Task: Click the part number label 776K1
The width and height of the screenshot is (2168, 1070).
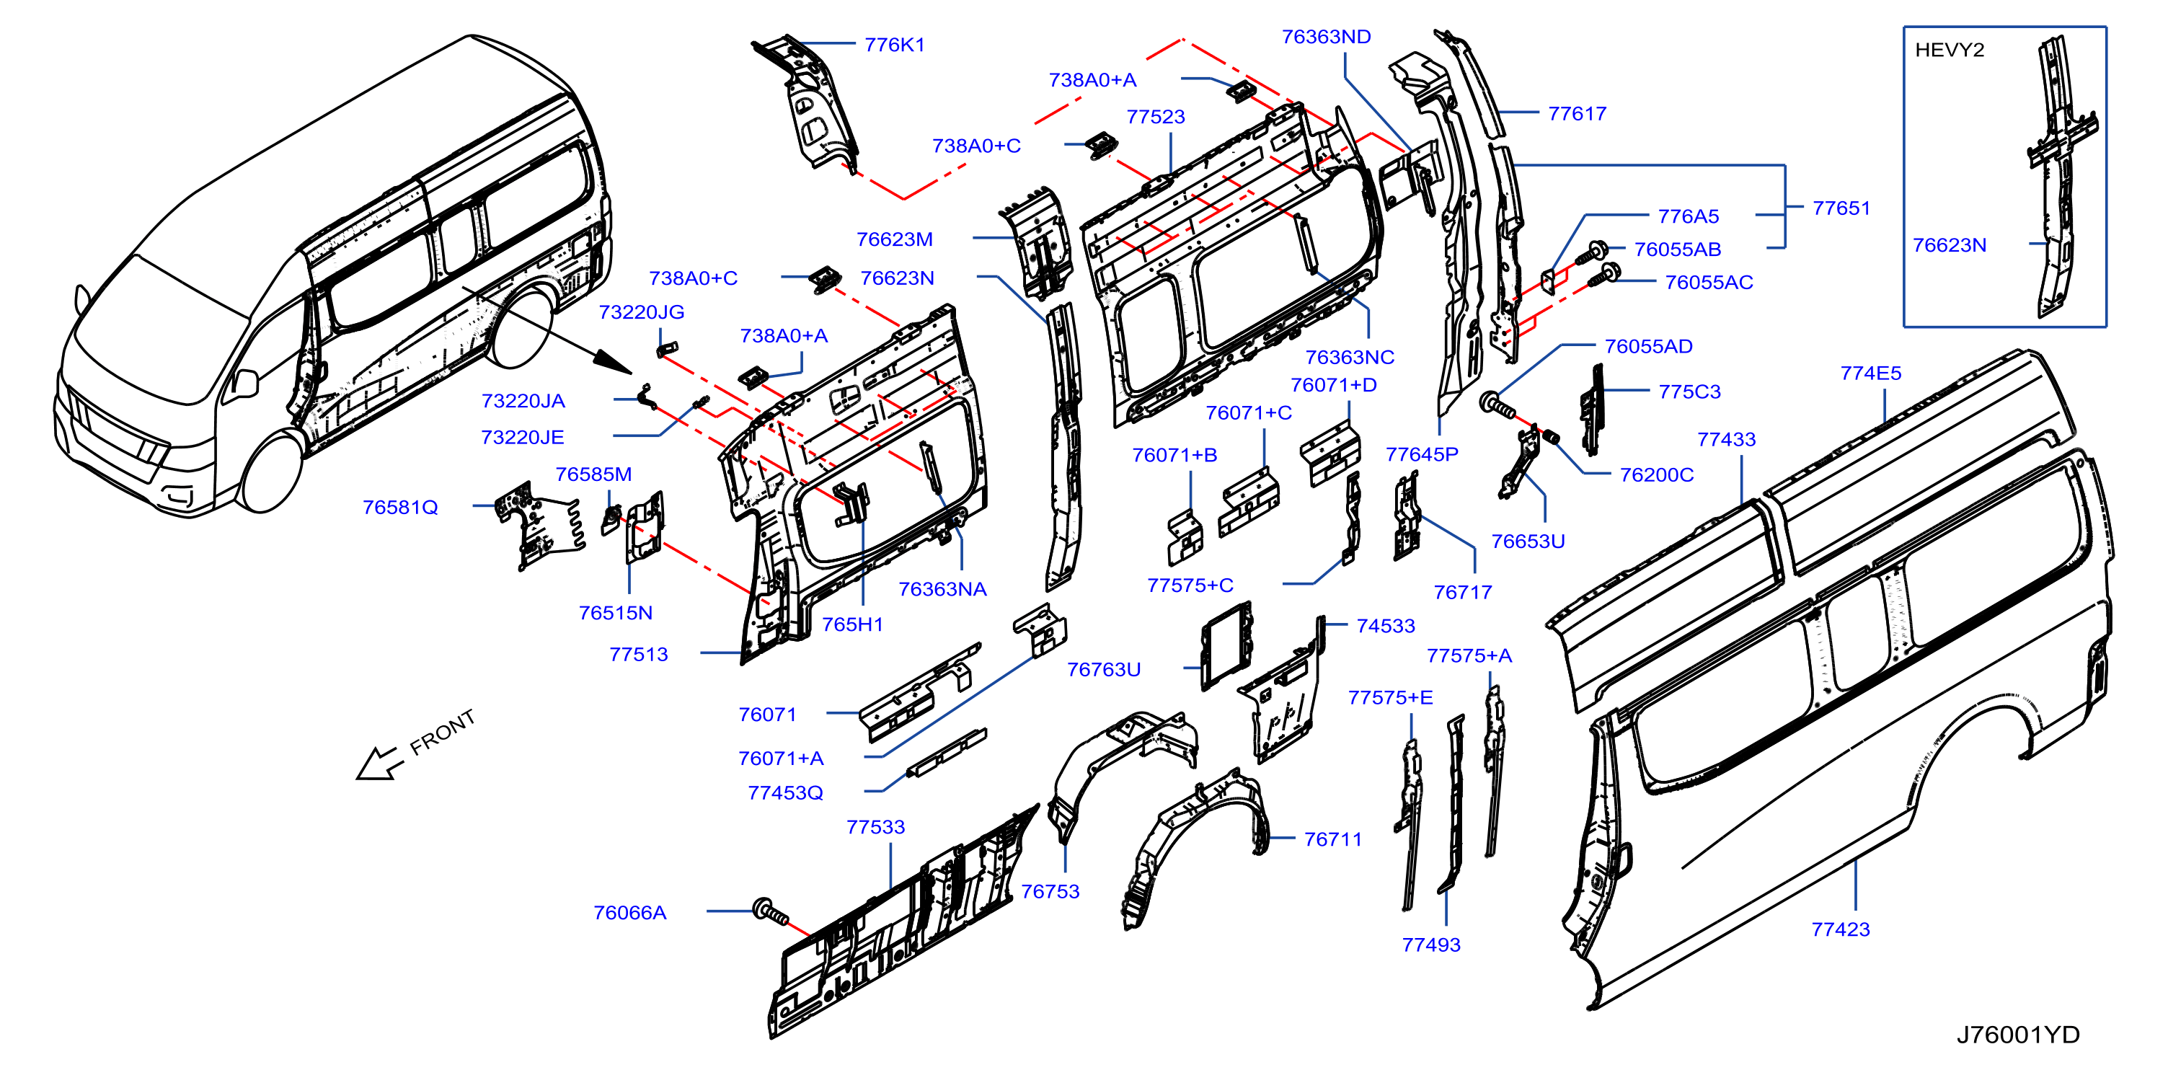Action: pyautogui.click(x=894, y=45)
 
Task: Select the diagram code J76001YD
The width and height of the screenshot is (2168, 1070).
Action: pyautogui.click(x=2017, y=1035)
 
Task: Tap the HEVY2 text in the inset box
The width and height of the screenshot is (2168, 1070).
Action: pyautogui.click(x=1949, y=50)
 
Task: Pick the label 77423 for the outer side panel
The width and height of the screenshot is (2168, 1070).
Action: pyautogui.click(x=1841, y=929)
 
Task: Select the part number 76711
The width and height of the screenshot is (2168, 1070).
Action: pyautogui.click(x=1332, y=839)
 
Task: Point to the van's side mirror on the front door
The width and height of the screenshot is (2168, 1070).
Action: pyautogui.click(x=245, y=383)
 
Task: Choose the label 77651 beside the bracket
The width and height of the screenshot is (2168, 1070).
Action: pyautogui.click(x=1841, y=208)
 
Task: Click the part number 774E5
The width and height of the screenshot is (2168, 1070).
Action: pyautogui.click(x=1871, y=373)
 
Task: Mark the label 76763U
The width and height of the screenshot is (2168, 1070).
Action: pyautogui.click(x=1103, y=669)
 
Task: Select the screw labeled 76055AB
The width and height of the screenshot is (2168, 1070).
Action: pyautogui.click(x=1590, y=252)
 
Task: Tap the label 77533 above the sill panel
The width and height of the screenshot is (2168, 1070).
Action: pyautogui.click(x=875, y=827)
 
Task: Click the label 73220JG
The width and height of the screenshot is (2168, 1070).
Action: pyautogui.click(x=641, y=312)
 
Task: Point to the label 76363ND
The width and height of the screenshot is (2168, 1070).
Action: pyautogui.click(x=1327, y=37)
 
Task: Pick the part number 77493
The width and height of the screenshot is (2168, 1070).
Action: pyautogui.click(x=1430, y=945)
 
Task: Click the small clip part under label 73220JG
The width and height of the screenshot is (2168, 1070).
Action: pyautogui.click(x=668, y=347)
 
